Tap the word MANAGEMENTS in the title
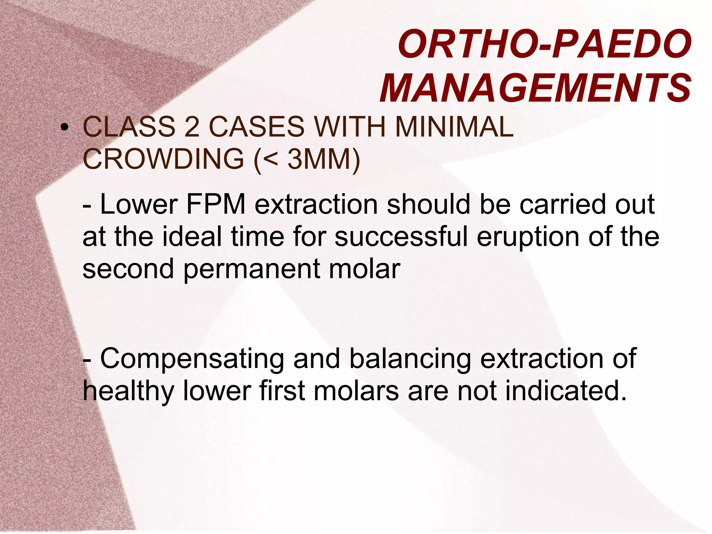(535, 88)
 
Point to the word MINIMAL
(454, 127)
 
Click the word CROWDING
(163, 159)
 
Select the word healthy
(128, 391)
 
